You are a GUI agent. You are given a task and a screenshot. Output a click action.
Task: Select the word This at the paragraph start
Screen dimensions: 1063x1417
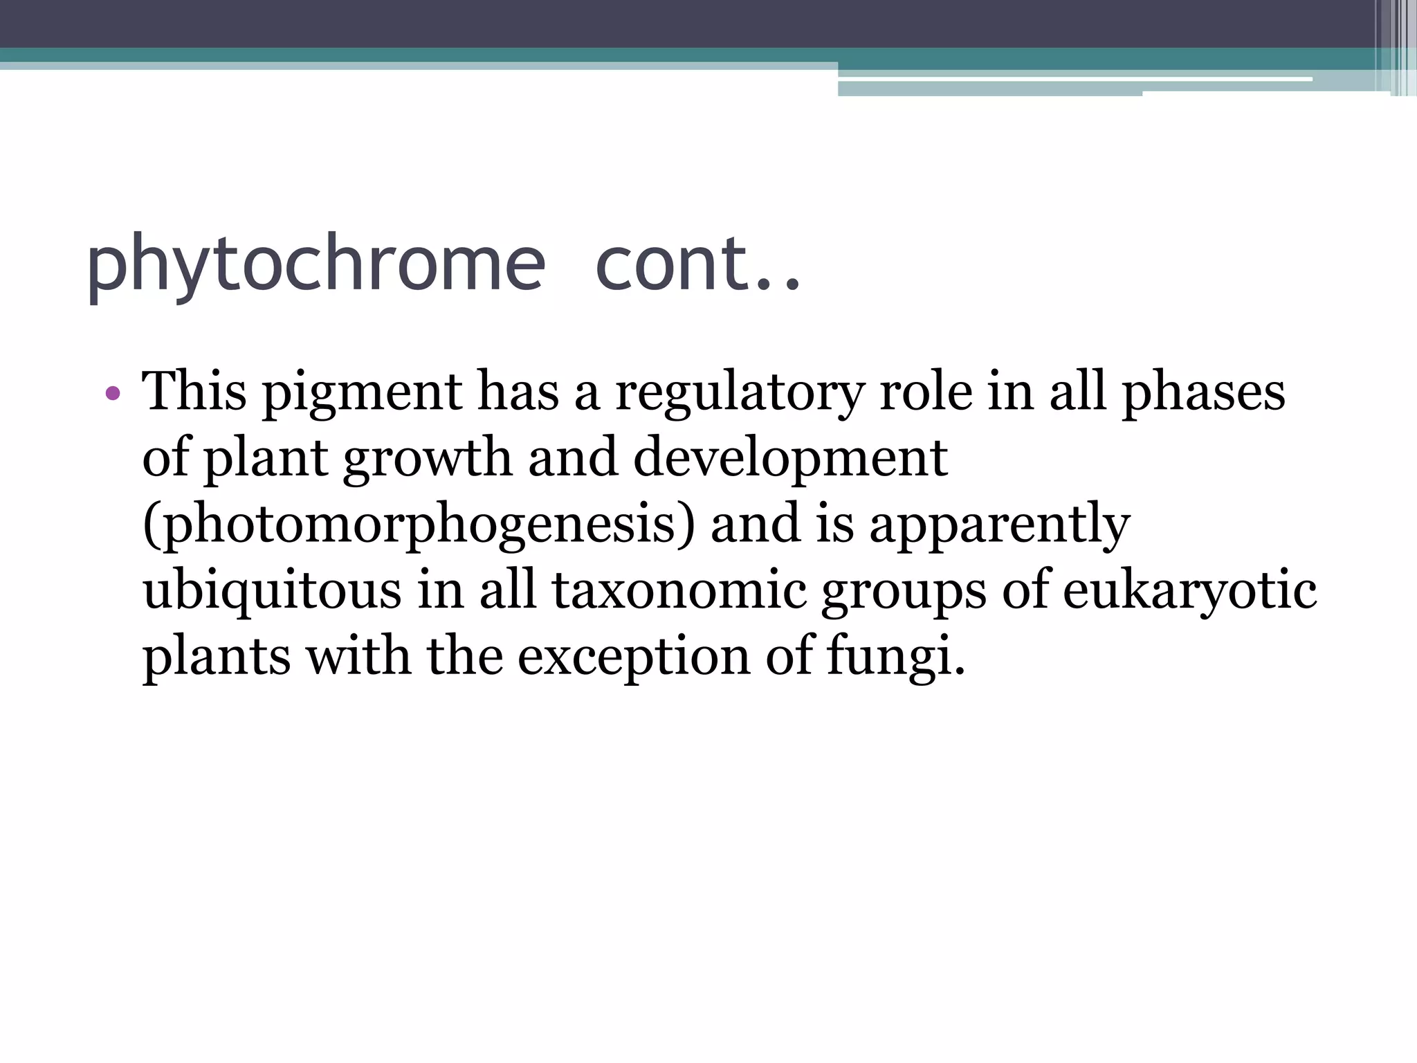click(x=194, y=392)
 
